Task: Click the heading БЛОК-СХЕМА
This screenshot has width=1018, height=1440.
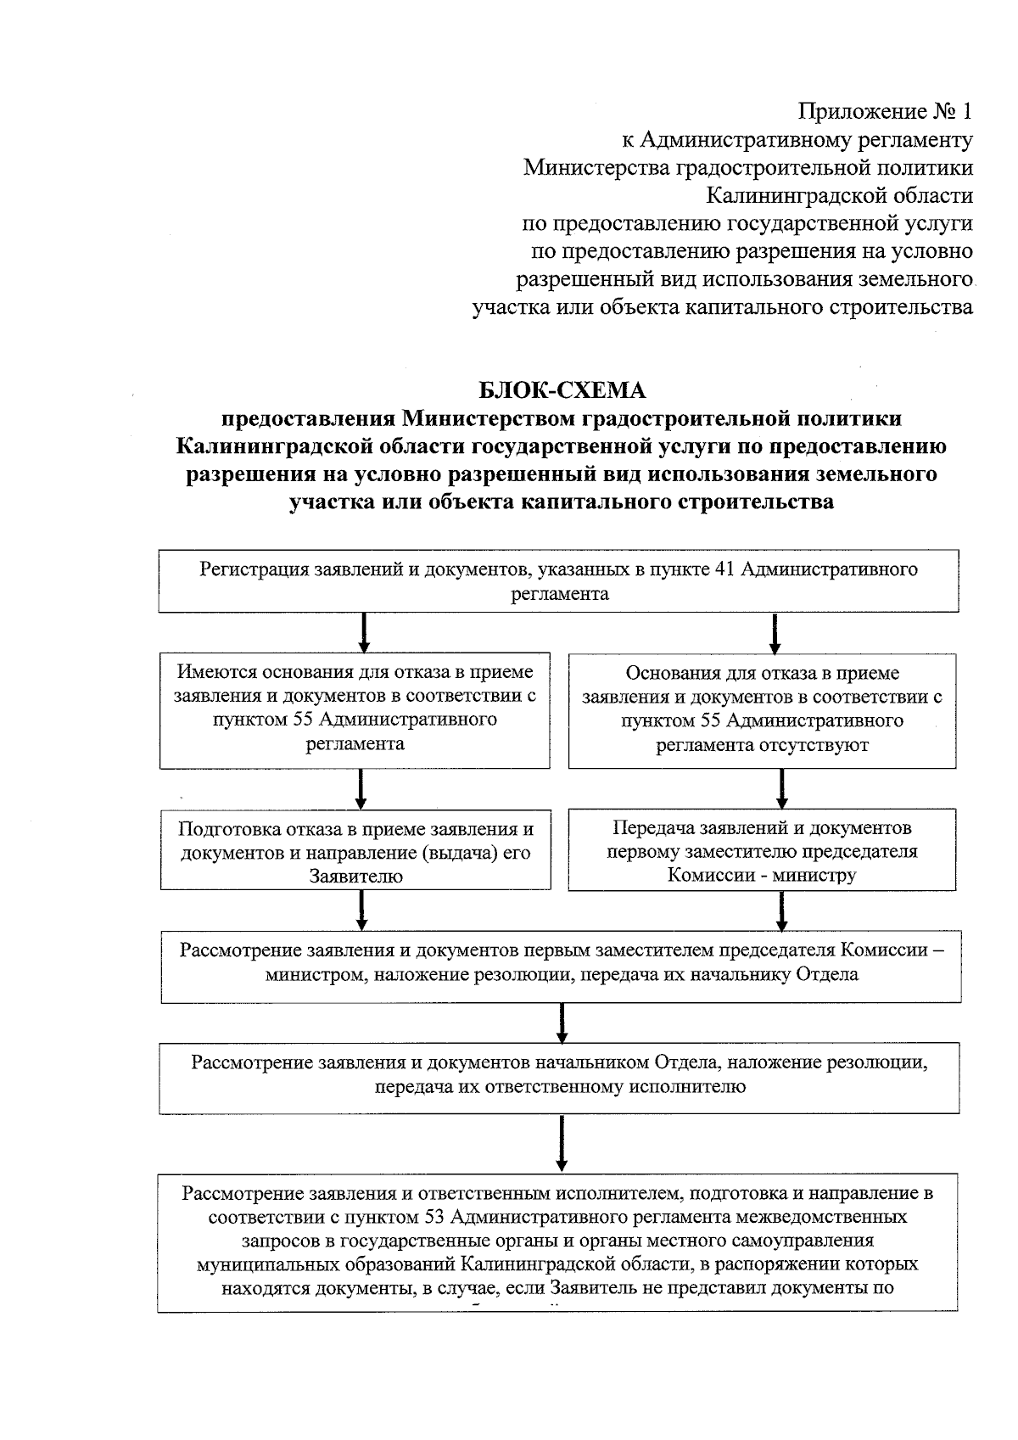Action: [x=562, y=390]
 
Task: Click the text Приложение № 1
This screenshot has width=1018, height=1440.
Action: [x=885, y=111]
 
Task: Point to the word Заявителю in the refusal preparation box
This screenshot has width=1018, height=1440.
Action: [x=355, y=877]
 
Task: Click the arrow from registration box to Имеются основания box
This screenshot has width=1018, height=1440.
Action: [x=363, y=632]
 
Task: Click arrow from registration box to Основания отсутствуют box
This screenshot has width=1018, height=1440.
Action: [x=775, y=632]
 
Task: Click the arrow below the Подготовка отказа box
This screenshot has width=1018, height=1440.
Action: [x=361, y=911]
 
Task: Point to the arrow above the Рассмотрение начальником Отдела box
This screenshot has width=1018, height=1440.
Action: [x=562, y=1023]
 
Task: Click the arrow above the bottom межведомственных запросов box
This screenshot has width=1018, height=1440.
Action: [x=562, y=1143]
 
